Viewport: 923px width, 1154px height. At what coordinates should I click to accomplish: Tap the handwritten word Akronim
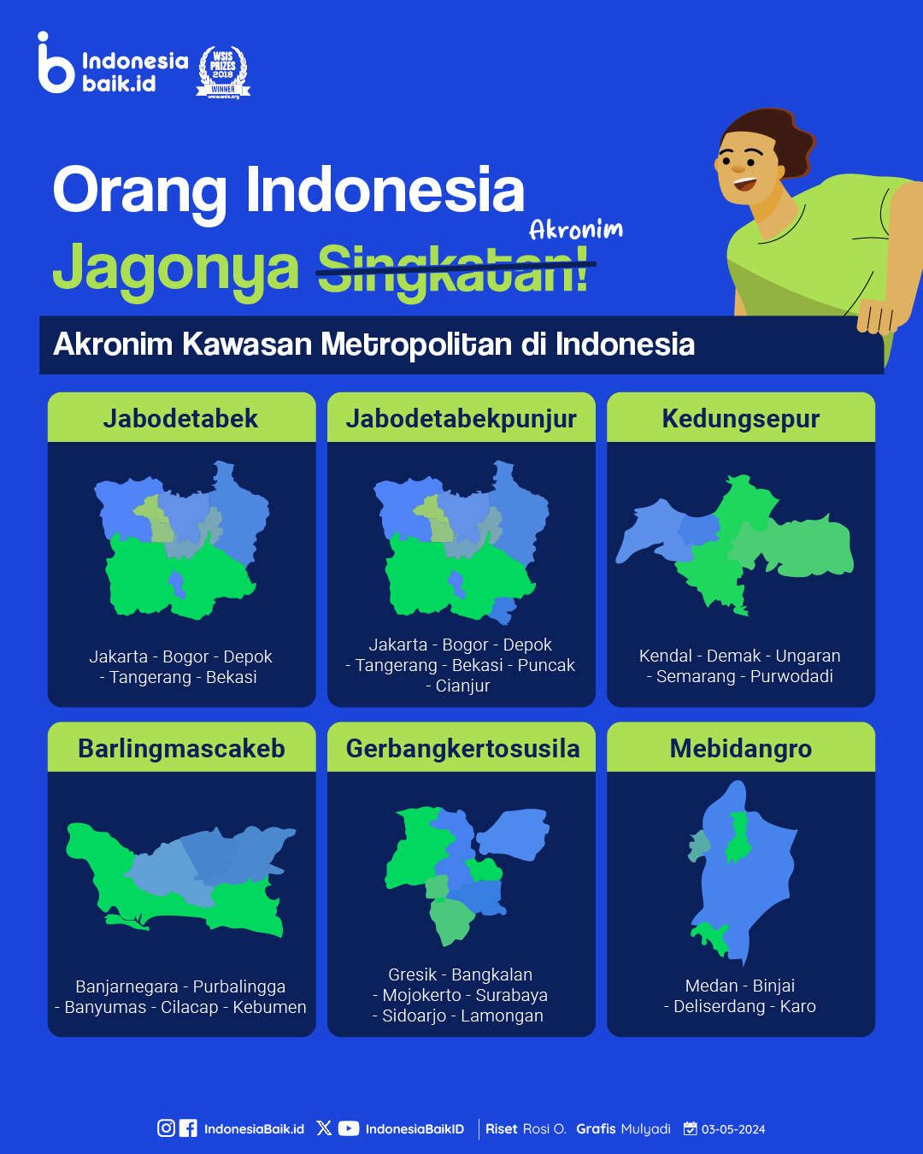pos(576,230)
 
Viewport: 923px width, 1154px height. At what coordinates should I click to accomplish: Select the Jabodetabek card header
pos(181,418)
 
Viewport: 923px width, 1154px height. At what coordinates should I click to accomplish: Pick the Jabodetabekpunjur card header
pos(461,418)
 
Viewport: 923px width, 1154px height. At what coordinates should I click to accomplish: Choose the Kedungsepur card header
pos(741,418)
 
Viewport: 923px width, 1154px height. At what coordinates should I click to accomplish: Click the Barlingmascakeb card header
pos(181,747)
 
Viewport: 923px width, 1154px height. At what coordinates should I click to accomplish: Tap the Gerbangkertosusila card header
pos(461,747)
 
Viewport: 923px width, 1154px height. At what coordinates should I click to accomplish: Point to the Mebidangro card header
pos(741,747)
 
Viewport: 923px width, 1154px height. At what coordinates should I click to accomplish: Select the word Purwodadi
pos(791,676)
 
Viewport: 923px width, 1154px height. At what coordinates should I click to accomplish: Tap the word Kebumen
pos(269,1007)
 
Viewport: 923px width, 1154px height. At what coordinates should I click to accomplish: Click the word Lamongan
pos(502,1016)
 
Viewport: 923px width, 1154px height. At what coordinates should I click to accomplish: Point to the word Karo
pos(797,1006)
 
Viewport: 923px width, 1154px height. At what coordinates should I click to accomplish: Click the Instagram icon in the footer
pos(167,1128)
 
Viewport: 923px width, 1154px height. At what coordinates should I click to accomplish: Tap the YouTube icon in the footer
pos(349,1128)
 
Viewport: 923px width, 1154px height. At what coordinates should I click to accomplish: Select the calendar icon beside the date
pos(690,1128)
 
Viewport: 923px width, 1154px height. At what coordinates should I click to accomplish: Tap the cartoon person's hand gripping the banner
pos(875,315)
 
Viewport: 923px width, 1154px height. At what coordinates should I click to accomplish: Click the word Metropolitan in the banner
pos(417,344)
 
